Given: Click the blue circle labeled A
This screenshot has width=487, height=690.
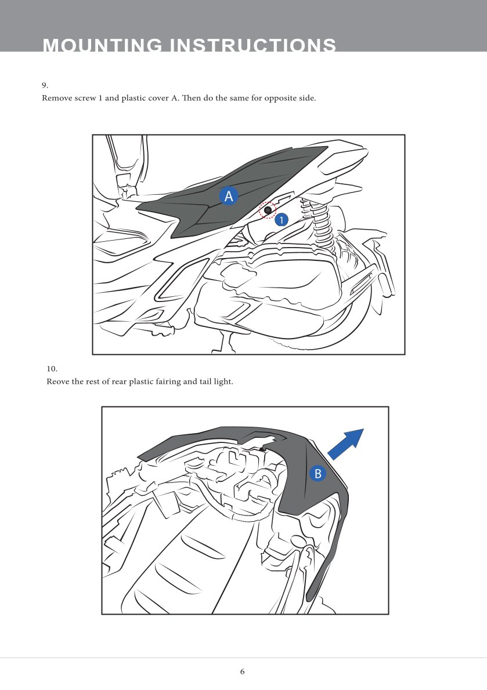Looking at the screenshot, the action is (x=229, y=196).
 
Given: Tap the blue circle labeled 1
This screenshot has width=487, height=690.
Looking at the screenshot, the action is (x=282, y=220).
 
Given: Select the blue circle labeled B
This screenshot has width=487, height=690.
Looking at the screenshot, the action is (x=318, y=474).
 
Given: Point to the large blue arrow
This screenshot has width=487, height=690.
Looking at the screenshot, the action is (x=346, y=444).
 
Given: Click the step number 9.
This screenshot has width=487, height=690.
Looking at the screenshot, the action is (x=45, y=85).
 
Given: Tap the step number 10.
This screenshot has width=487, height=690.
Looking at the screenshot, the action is (x=52, y=369).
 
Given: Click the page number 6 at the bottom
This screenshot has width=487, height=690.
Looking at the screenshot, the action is (x=242, y=671).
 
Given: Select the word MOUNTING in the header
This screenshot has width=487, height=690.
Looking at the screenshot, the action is (x=103, y=45).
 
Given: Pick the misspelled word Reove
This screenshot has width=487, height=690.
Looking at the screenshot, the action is (x=58, y=382).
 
